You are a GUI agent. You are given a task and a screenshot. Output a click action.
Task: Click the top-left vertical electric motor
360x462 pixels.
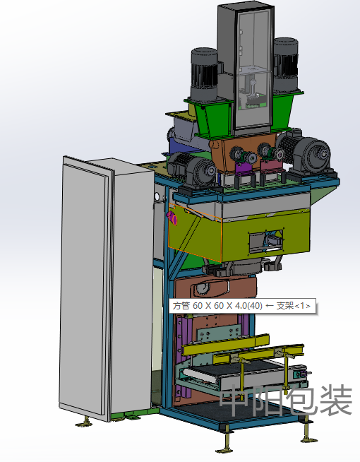pyautogui.click(x=205, y=73)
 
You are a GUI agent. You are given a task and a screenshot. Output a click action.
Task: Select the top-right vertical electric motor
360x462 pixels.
pyautogui.click(x=285, y=64)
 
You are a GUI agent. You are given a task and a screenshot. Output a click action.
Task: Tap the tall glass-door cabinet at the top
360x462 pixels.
pyautogui.click(x=246, y=69)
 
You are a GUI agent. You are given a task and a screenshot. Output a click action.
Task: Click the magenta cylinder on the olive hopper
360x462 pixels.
pyautogui.click(x=172, y=218)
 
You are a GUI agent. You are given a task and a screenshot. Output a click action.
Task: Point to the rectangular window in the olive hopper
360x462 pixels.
pyautogui.click(x=266, y=242)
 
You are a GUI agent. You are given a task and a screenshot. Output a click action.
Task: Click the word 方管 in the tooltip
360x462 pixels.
pyautogui.click(x=181, y=306)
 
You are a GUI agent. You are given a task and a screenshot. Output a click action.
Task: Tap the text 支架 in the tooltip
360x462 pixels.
pyautogui.click(x=285, y=306)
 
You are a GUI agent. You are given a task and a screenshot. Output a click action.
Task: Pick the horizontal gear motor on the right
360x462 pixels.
pyautogui.click(x=307, y=153)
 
